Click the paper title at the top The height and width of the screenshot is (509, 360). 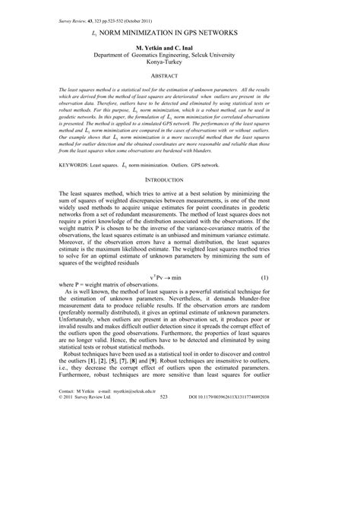tap(180, 33)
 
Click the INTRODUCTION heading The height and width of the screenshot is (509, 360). tap(180, 201)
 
